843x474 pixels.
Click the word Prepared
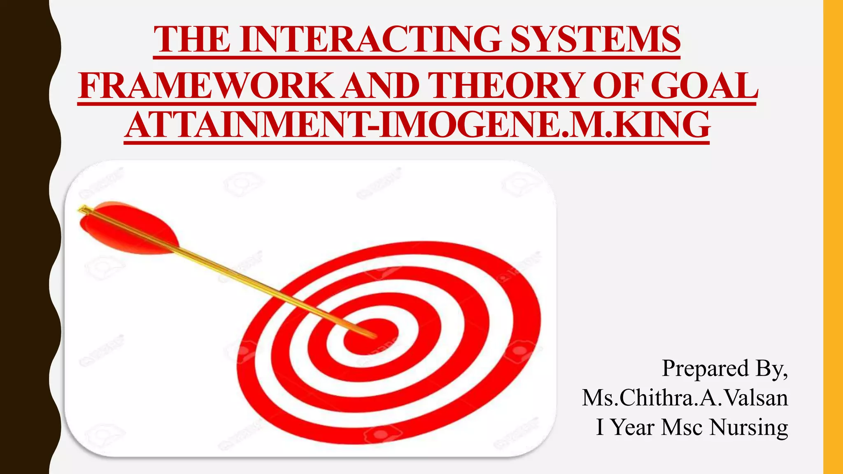click(x=705, y=368)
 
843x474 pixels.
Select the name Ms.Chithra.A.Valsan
click(x=685, y=398)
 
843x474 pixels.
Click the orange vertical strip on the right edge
click(x=833, y=237)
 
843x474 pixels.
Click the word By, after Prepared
click(x=771, y=368)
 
